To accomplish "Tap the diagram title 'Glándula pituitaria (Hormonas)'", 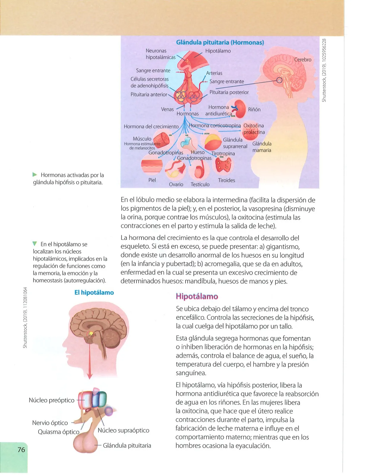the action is pos(220,42).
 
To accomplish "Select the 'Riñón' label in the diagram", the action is pos(254,109).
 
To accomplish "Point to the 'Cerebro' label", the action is pos(303,59).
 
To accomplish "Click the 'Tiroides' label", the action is pos(227,180).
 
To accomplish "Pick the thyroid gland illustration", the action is pos(223,165).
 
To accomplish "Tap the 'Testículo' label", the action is pos(200,184).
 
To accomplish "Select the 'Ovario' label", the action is pos(176,184).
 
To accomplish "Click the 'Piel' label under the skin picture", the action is pos(152,180).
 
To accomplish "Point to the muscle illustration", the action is pos(161,140).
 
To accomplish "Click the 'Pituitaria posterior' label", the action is pos(229,92).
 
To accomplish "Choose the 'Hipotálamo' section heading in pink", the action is pos(197,296).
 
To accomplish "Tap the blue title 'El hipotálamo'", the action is pos(94,292).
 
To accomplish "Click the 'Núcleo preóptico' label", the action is pos(52,400).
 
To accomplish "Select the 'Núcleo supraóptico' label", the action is pos(124,430).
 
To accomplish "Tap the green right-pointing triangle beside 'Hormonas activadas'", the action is pos(35,175).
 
